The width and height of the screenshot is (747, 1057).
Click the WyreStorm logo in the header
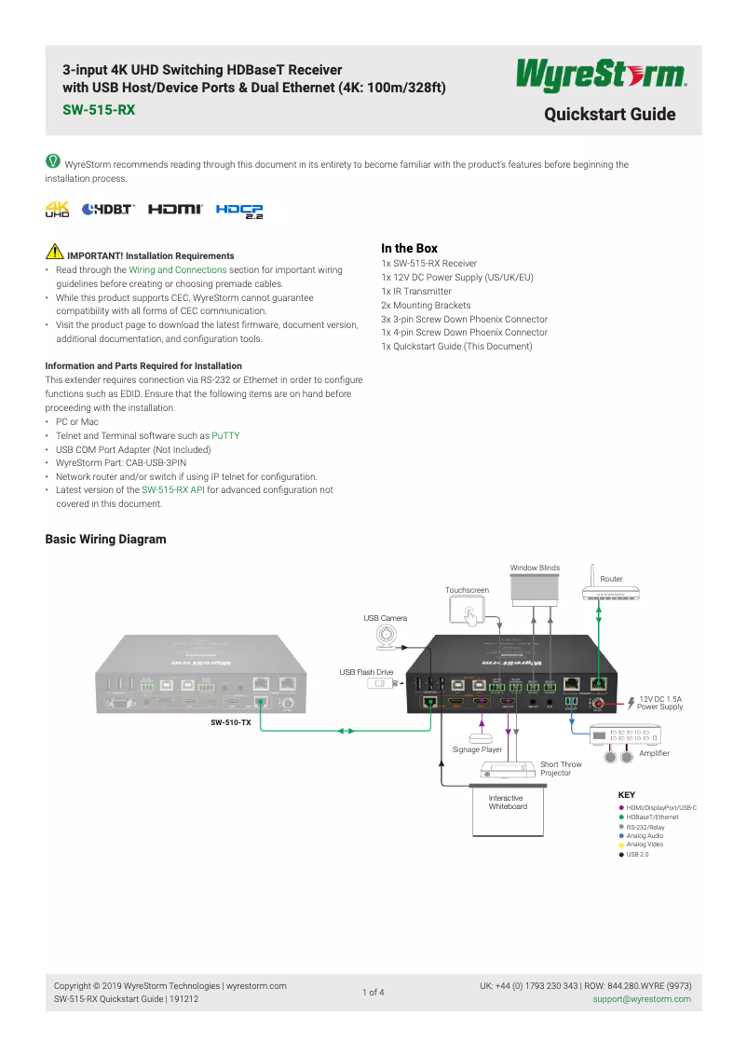point(601,75)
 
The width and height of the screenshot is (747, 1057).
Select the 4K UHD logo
point(58,209)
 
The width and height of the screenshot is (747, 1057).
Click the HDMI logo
point(175,210)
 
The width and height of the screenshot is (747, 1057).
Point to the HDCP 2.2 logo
point(239,211)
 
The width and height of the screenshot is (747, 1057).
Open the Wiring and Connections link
point(178,269)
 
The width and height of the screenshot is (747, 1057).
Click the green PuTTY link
point(225,435)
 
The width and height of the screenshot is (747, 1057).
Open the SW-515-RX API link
point(173,489)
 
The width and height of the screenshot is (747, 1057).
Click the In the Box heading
point(409,248)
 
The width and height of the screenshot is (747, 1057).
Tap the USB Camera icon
point(386,637)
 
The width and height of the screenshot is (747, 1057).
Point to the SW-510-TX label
point(231,721)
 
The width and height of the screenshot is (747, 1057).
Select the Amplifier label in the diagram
point(654,753)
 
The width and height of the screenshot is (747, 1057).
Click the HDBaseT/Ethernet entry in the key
point(652,817)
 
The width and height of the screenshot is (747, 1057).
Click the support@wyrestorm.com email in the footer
point(642,999)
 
